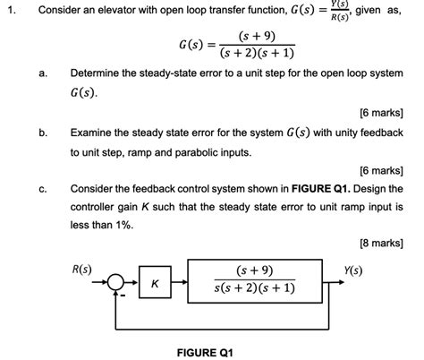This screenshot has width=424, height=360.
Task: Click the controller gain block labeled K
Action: coord(154,284)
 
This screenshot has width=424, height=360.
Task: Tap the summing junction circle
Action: coord(116,283)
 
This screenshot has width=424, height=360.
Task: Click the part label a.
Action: coord(42,73)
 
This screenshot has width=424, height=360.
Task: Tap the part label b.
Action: coord(42,132)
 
